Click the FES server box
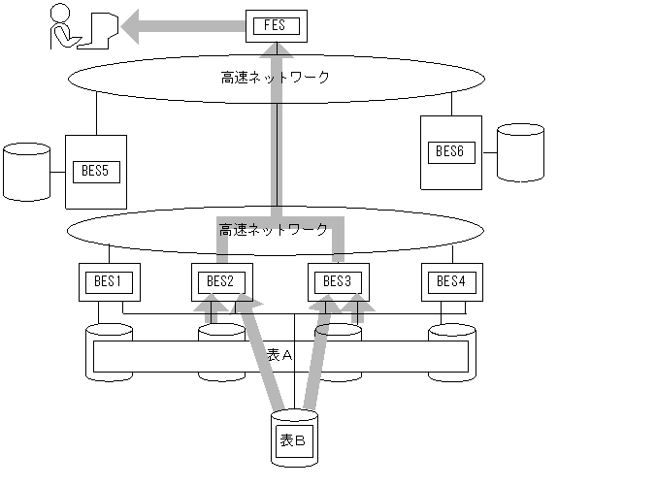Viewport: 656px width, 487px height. (277, 25)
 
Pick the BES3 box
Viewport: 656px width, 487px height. (337, 282)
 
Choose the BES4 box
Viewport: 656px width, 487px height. (451, 282)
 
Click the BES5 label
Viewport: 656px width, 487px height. (96, 172)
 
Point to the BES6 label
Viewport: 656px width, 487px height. (451, 151)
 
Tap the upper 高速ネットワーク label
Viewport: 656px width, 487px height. (276, 77)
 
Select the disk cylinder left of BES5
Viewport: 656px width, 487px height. (26, 172)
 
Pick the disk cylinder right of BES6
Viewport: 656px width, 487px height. (521, 152)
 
